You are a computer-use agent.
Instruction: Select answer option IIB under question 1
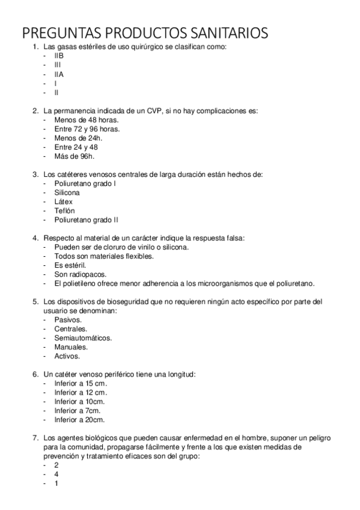[x=59, y=55]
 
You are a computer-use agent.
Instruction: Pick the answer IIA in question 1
[x=59, y=74]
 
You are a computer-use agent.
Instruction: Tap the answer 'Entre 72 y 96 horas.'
[x=87, y=129]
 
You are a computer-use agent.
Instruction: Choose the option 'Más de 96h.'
[x=74, y=156]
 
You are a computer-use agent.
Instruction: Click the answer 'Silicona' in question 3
[x=67, y=192]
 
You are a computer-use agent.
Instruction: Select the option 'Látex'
[x=63, y=201]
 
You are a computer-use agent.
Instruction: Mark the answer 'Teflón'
[x=64, y=211]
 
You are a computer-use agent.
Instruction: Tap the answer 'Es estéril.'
[x=70, y=265]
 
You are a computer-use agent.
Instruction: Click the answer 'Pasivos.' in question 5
[x=68, y=320]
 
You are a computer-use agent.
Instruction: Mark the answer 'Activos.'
[x=67, y=356]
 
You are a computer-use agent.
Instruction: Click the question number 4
[x=35, y=238]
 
